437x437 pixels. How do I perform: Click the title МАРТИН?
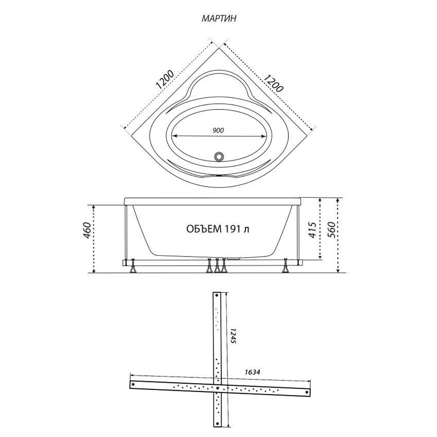click(219, 18)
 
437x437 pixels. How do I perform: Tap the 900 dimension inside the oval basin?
click(218, 130)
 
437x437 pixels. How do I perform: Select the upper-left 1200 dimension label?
click(165, 80)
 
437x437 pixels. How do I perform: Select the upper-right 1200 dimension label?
click(274, 83)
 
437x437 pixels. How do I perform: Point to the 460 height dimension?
click(87, 230)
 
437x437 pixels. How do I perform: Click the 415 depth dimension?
click(313, 230)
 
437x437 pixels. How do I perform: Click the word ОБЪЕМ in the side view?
click(204, 229)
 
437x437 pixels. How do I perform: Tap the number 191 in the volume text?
click(232, 229)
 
